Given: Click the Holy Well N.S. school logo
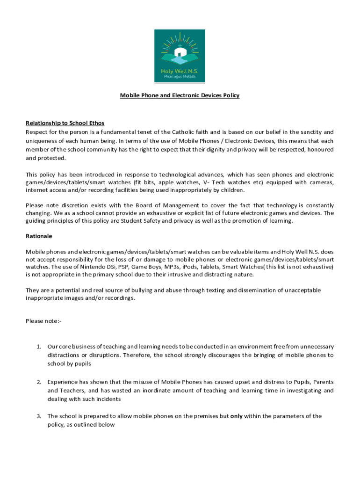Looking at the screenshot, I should click(x=180, y=55).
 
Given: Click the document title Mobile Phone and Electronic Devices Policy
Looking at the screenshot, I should click(x=180, y=95).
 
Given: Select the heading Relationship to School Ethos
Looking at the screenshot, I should click(x=65, y=123).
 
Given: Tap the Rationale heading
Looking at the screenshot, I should click(x=39, y=236).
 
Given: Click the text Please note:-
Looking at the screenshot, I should click(x=43, y=321).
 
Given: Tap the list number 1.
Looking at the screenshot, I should click(x=39, y=347).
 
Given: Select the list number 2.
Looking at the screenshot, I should click(x=39, y=382).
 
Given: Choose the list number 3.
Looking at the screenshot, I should click(x=39, y=416).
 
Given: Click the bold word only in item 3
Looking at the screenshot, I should click(x=237, y=416).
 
